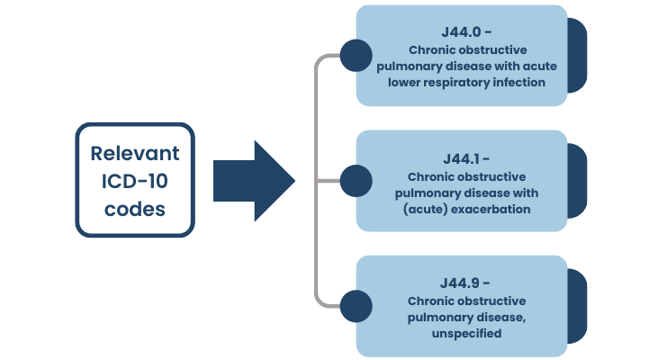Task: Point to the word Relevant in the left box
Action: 134,153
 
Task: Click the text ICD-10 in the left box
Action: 134,180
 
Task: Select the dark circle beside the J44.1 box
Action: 356,180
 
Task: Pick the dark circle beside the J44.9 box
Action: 356,304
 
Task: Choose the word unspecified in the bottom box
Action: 465,333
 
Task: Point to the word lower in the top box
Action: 406,83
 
